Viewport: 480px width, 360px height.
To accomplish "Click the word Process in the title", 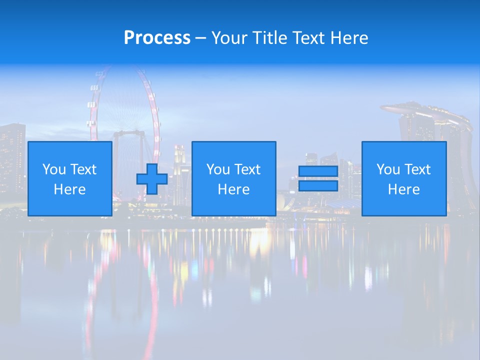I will pos(157,38).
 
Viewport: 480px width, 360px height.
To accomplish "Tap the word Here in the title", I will pos(348,38).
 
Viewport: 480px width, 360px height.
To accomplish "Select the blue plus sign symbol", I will pos(152,179).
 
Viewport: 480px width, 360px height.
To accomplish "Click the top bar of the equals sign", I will pos(318,171).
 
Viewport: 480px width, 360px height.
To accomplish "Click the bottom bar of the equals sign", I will pos(318,186).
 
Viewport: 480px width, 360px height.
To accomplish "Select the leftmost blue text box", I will pos(70,178).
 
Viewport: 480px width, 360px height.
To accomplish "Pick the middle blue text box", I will pos(233,178).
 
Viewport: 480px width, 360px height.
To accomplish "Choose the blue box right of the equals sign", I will pos(404,178).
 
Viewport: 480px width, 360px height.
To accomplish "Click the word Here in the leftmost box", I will pos(70,189).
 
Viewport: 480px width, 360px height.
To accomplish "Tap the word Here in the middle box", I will pos(233,189).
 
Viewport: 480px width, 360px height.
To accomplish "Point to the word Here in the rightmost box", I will pos(404,189).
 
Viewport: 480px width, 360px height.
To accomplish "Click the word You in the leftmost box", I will pos(54,169).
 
